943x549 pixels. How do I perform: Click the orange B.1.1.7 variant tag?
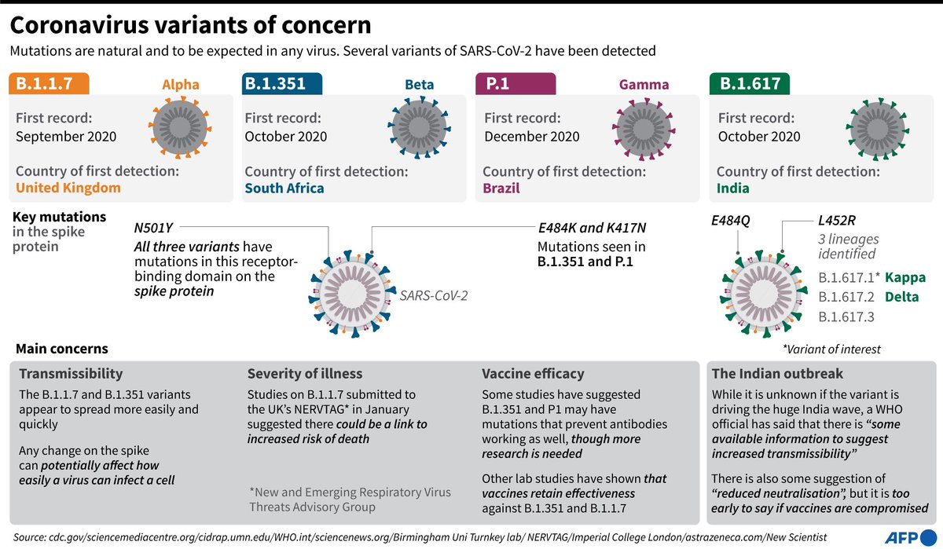point(49,84)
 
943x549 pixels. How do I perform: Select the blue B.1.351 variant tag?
point(281,84)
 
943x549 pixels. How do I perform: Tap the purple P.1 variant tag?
point(516,84)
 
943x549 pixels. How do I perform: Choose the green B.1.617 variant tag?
point(750,84)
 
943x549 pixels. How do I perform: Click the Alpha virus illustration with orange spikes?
point(180,127)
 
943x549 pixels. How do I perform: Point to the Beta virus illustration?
point(419,127)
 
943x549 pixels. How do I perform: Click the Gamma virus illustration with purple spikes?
point(644,127)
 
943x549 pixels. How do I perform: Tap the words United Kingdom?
point(68,188)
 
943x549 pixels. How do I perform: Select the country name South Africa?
point(284,188)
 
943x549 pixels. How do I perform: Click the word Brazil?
point(501,188)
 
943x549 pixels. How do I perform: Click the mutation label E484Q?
point(730,221)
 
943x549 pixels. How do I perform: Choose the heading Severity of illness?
point(305,374)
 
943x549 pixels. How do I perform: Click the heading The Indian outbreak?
point(776,374)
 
